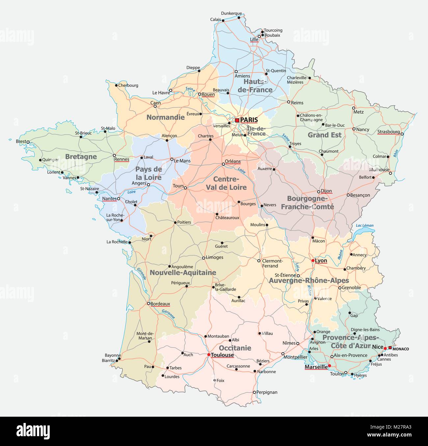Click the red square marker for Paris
(x=237, y=120)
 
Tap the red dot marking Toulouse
(x=209, y=355)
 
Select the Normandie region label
(x=165, y=117)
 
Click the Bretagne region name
(x=81, y=157)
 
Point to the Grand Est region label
(x=325, y=135)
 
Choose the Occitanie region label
(x=235, y=348)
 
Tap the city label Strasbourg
(x=388, y=132)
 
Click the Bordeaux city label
(x=160, y=304)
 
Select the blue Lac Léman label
(x=365, y=225)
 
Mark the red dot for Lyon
(x=313, y=261)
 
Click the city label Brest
(x=21, y=142)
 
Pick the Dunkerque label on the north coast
(x=231, y=13)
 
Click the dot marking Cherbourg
(x=116, y=85)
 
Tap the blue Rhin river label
(x=395, y=153)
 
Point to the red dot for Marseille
(x=330, y=365)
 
